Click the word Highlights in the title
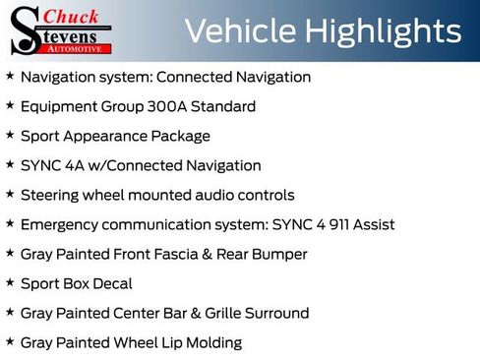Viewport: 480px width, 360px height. pos(384,31)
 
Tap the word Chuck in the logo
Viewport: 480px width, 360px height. pos(72,16)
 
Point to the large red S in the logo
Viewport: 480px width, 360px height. pos(24,31)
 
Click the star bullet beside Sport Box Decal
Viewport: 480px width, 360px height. pos(10,283)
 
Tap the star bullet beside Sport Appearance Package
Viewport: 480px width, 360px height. pos(10,136)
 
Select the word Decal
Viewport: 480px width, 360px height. pos(112,283)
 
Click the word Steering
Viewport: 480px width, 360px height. pos(51,195)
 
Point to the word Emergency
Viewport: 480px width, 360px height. pos(61,224)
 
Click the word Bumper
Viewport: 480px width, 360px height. pos(280,254)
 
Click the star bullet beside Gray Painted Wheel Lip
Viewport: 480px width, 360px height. pos(10,342)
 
